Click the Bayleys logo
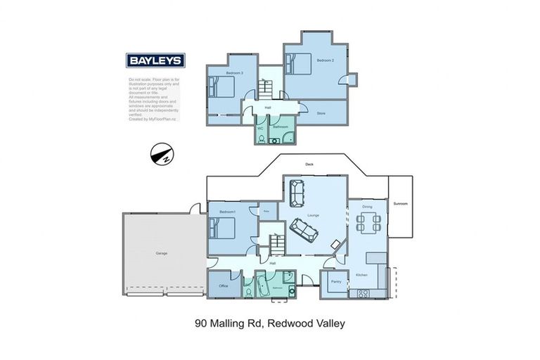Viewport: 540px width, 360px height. click(155, 60)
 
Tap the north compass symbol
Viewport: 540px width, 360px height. click(162, 155)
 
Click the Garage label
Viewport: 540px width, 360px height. click(161, 252)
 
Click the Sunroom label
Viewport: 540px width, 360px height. click(400, 203)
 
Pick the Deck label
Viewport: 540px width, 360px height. click(309, 165)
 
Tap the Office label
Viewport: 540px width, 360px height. click(224, 286)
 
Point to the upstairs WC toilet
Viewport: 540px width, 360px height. click(261, 139)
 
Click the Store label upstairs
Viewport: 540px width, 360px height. click(321, 113)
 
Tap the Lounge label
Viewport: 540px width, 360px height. click(314, 215)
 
